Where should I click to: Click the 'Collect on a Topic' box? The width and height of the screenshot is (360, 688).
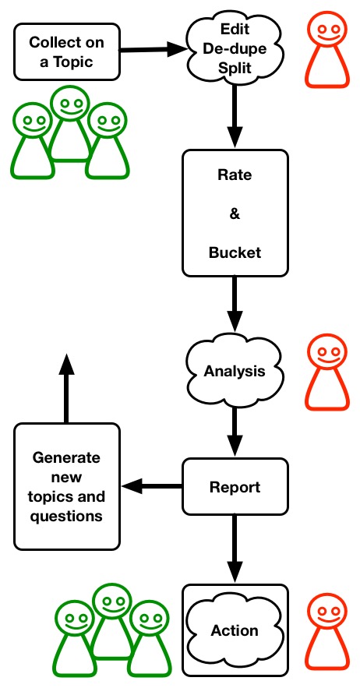[x=67, y=51]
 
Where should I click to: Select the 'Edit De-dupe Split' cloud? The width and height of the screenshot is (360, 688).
[x=235, y=49]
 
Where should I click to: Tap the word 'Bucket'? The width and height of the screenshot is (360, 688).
[x=235, y=252]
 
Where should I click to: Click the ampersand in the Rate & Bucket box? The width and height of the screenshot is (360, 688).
[x=235, y=214]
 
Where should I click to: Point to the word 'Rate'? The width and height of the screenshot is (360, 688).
[x=235, y=175]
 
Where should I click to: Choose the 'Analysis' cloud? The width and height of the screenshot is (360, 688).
[x=235, y=371]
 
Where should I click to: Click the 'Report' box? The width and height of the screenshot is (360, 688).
[x=235, y=487]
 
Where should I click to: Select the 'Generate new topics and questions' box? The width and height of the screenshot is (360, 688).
[x=67, y=487]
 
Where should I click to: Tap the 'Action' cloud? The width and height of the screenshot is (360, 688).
[x=235, y=630]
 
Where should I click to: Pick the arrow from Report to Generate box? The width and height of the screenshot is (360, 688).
[x=152, y=485]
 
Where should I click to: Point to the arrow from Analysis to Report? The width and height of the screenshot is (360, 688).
[x=235, y=432]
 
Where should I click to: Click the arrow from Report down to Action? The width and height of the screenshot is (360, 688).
[x=235, y=549]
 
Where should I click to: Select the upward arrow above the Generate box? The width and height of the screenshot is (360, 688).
[x=66, y=388]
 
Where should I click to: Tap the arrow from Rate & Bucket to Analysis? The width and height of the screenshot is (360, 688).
[x=235, y=304]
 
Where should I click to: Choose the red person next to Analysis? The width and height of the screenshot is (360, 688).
[x=327, y=372]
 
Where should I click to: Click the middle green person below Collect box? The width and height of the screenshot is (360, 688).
[x=70, y=124]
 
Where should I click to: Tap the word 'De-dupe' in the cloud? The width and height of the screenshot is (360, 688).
[x=235, y=48]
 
